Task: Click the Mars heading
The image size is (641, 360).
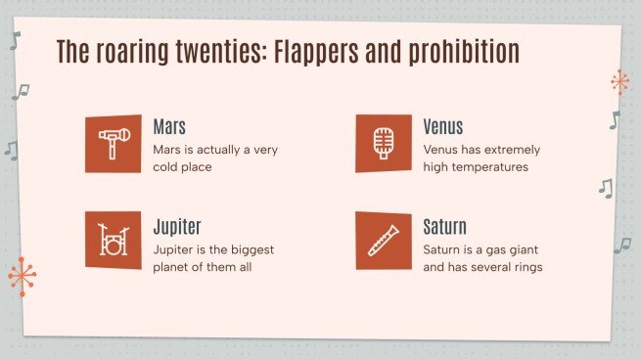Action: point(169,127)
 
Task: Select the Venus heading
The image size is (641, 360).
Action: point(443,127)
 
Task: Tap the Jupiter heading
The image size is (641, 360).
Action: point(177,228)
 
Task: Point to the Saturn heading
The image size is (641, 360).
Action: point(445,228)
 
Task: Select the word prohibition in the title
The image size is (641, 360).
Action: point(467,52)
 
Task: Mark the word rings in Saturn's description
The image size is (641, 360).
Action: point(525,267)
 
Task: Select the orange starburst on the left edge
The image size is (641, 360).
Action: point(22,277)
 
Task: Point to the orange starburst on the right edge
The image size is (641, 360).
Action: point(618,82)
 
